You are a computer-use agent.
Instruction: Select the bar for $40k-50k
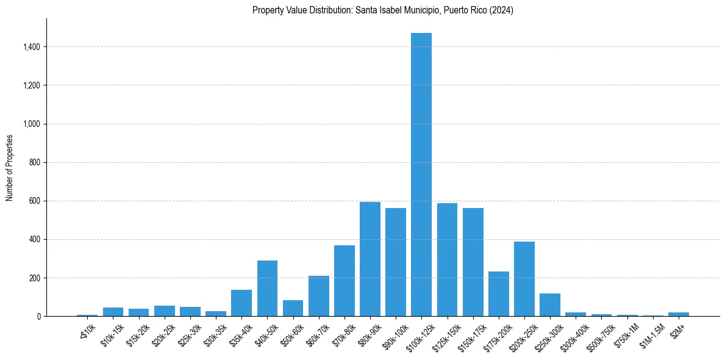[x=267, y=289]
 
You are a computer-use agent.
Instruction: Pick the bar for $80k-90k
[x=370, y=259]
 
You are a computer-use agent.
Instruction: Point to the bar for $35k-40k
[x=241, y=303]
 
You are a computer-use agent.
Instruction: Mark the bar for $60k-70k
[x=319, y=296]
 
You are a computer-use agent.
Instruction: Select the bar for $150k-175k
[x=473, y=262]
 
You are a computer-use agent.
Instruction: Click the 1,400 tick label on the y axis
[x=32, y=47]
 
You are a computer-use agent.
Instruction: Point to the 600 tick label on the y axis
[x=35, y=201]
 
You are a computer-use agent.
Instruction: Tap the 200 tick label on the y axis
[x=35, y=278]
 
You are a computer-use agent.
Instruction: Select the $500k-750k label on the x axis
[x=599, y=335]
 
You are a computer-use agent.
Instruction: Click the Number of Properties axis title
[x=10, y=168]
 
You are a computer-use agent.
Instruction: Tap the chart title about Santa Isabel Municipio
[x=383, y=10]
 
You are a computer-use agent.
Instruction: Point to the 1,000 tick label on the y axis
[x=32, y=124]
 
